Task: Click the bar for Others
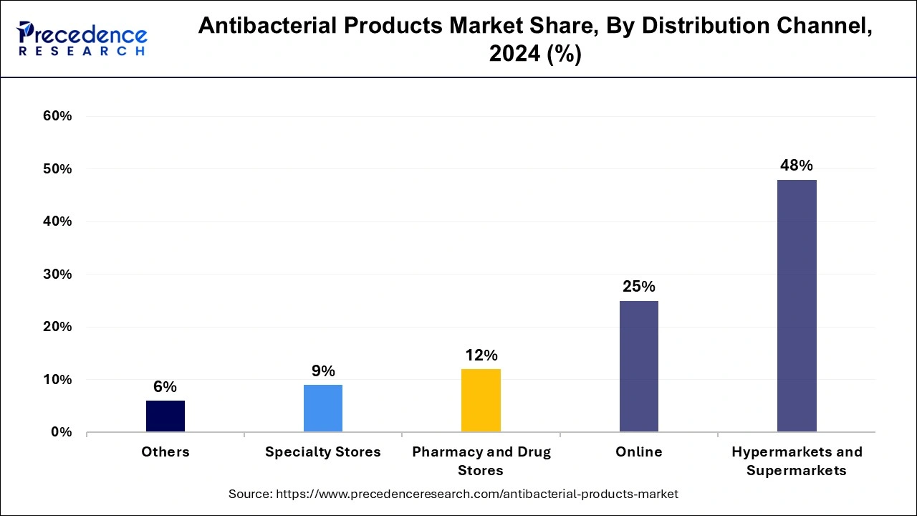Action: [165, 416]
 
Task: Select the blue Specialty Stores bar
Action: [323, 408]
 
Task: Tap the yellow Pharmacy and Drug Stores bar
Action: [481, 400]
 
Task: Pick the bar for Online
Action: [638, 366]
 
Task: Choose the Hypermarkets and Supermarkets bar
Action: [797, 305]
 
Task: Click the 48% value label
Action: [797, 166]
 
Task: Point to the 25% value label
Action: [638, 287]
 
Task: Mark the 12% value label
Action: [481, 355]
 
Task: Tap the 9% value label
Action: [323, 371]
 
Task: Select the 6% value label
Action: [165, 387]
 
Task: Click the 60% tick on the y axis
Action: [58, 116]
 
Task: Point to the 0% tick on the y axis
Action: [62, 432]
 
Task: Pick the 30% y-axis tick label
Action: [58, 274]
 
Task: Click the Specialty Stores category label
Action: [323, 452]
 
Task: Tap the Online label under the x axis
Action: [638, 452]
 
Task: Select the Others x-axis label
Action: [165, 452]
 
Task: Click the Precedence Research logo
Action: [82, 39]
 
